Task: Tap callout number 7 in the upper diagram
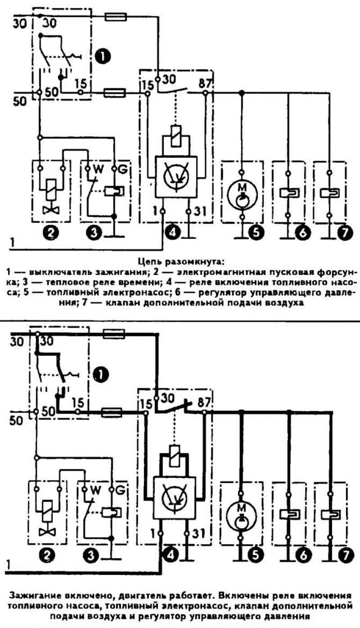344,232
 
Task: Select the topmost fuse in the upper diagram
115,17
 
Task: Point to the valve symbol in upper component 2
51,210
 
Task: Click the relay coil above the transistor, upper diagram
176,137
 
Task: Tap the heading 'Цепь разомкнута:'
181,262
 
